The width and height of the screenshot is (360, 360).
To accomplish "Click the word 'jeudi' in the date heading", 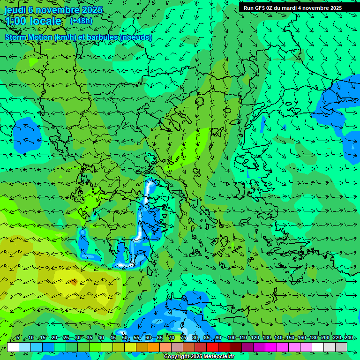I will [15, 10].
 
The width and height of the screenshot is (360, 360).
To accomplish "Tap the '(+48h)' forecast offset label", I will [81, 21].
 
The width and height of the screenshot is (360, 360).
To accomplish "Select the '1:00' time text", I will [15, 21].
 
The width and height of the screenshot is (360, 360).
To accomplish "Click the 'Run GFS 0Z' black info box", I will [292, 7].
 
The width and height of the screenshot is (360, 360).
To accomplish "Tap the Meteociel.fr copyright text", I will [197, 357].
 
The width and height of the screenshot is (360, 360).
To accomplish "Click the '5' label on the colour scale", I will [18, 338].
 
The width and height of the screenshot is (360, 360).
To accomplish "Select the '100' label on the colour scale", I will [231, 338].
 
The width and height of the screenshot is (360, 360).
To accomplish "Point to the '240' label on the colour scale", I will [348, 338].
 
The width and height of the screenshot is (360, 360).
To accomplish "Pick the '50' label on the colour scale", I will [125, 338].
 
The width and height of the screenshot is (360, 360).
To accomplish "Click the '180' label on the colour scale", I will [313, 338].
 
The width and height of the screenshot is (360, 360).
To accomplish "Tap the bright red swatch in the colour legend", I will [212, 347].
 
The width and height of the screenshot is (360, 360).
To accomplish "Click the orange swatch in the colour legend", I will [154, 347].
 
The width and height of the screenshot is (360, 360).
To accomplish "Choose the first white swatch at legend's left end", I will [13, 347].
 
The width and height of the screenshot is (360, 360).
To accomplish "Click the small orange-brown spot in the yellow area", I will [73, 282].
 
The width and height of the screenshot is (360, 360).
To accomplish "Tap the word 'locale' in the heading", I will [45, 21].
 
